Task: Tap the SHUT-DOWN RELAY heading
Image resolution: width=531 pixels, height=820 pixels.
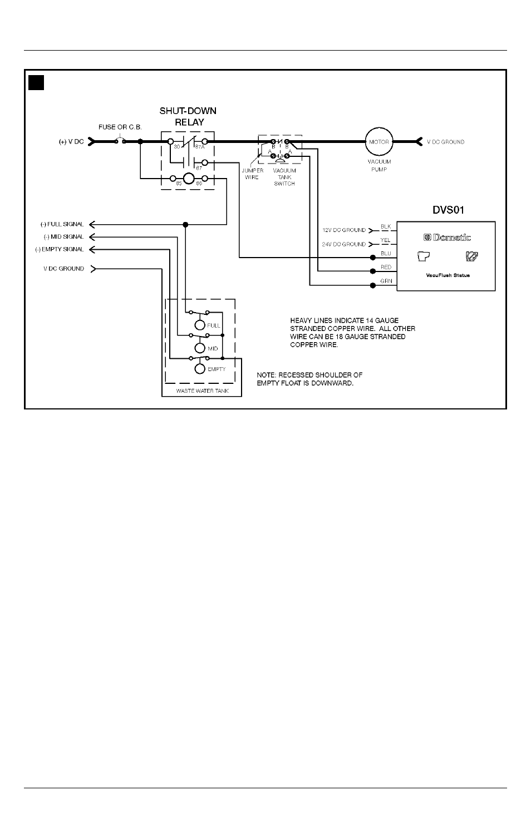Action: click(188, 116)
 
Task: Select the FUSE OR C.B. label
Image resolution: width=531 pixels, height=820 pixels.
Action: click(120, 127)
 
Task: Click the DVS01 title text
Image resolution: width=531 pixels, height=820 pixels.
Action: click(448, 210)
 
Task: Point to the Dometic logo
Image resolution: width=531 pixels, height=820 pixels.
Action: click(447, 238)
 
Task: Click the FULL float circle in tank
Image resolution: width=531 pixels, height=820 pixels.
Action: click(200, 325)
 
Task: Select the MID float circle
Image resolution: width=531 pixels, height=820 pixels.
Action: click(200, 348)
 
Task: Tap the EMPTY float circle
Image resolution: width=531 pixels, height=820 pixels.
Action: click(200, 369)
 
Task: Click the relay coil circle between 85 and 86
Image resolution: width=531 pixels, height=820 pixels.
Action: click(189, 179)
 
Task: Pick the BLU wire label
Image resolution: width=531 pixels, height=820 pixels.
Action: click(386, 253)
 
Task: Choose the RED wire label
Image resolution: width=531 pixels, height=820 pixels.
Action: click(386, 267)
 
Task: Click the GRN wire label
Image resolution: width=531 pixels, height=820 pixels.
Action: click(386, 281)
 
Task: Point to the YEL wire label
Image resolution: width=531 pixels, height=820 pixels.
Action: click(385, 240)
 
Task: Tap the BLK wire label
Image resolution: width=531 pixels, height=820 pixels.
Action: click(386, 226)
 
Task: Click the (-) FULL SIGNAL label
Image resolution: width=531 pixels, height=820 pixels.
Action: click(62, 224)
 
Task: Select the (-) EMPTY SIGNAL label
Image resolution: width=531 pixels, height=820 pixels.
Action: click(60, 249)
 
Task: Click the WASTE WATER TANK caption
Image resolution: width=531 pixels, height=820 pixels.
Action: click(202, 391)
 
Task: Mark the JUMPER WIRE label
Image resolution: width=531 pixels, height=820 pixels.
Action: click(252, 174)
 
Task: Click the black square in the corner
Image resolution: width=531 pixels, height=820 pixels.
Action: click(36, 83)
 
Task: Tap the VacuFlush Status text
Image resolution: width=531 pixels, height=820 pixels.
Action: click(448, 275)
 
